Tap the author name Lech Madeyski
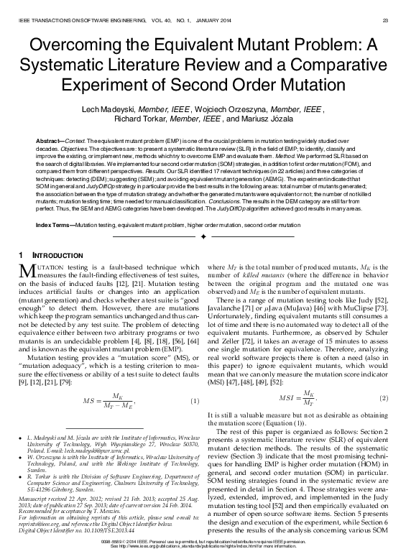112,107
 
